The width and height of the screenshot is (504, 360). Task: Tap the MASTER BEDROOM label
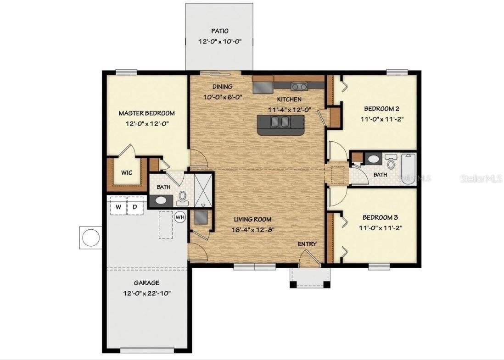point(146,113)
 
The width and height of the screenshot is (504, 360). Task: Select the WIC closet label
point(127,173)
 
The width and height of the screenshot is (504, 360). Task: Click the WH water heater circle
point(180,217)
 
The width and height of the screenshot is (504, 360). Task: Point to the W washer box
point(118,207)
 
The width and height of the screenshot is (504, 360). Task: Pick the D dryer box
point(135,207)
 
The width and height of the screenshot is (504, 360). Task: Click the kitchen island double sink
point(280,122)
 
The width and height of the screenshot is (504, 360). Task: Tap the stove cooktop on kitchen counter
point(299,86)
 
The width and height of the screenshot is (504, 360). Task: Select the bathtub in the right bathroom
point(408,169)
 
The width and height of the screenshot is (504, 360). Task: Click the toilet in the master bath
point(182,197)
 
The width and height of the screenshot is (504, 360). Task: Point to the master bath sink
point(161,200)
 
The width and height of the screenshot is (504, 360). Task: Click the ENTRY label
point(307,244)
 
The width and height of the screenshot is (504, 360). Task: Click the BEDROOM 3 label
point(381,217)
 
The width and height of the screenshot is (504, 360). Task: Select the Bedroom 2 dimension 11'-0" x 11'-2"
point(381,118)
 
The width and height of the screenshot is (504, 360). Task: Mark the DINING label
point(222,87)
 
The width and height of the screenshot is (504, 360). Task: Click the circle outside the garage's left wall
point(90,237)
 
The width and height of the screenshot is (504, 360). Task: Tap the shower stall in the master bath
point(202,189)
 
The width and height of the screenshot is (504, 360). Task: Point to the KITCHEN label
point(289,99)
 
